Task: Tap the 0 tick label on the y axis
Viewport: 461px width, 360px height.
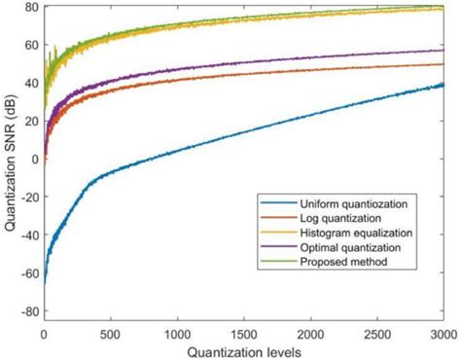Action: coord(33,160)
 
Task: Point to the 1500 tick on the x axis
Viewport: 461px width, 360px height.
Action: coord(243,332)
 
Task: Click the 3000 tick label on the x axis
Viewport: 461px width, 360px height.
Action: coord(443,332)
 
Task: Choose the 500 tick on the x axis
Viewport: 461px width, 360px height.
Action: coord(110,332)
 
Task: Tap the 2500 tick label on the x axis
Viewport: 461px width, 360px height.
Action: coord(376,332)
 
